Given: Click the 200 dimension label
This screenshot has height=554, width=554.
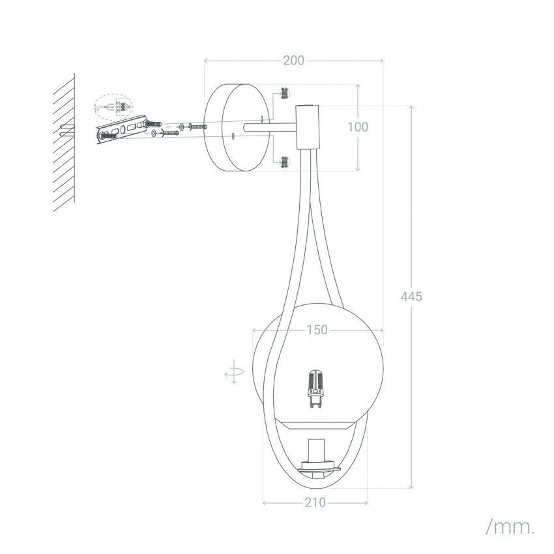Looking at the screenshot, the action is (x=293, y=61).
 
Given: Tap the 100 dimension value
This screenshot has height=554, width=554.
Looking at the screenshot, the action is (x=358, y=127).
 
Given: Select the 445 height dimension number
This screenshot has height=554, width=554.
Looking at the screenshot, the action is (x=411, y=296).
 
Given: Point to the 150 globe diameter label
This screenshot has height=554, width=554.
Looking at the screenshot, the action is (x=317, y=330).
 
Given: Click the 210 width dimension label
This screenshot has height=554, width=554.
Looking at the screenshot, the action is (x=315, y=503).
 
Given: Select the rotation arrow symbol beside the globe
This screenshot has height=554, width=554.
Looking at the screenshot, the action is (x=234, y=372).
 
